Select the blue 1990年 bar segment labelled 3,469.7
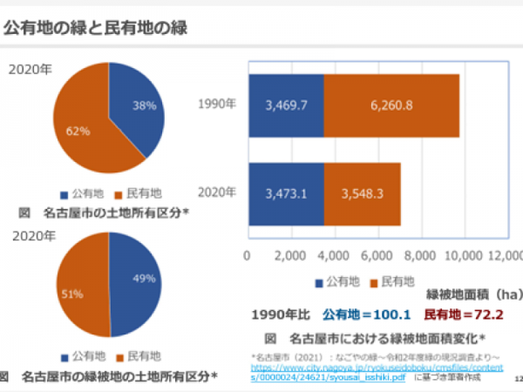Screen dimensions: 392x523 tap(286, 105)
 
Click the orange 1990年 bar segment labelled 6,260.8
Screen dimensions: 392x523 tap(391, 105)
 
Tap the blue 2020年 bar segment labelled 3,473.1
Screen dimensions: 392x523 tap(286, 193)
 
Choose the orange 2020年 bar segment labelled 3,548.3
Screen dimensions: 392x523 tap(362, 193)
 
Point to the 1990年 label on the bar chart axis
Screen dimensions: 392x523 tap(218, 104)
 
